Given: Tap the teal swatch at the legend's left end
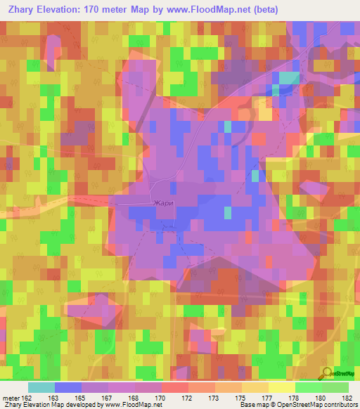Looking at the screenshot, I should point(41,387).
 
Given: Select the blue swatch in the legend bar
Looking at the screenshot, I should point(67,387).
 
